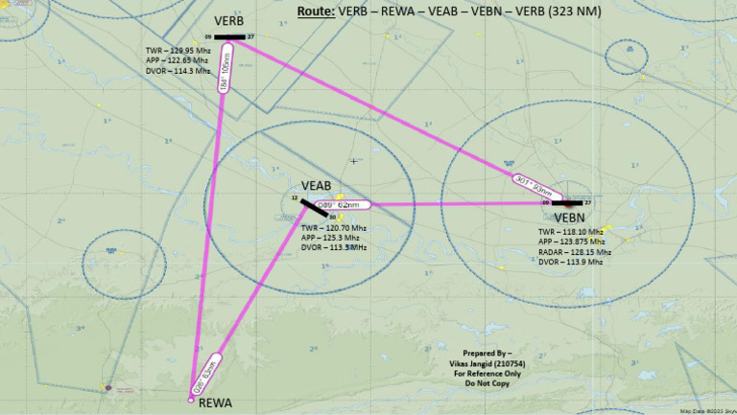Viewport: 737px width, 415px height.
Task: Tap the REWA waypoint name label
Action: pyautogui.click(x=216, y=403)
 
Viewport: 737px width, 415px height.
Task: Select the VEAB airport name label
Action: pyautogui.click(x=317, y=185)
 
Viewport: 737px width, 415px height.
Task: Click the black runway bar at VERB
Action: pyautogui.click(x=230, y=37)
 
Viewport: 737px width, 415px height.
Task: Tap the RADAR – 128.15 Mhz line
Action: pyautogui.click(x=573, y=252)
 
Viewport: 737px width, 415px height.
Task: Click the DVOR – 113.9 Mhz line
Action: pyautogui.click(x=570, y=262)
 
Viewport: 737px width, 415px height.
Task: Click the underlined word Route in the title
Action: pyautogui.click(x=314, y=12)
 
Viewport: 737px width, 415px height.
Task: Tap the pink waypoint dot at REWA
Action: pyautogui.click(x=190, y=399)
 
